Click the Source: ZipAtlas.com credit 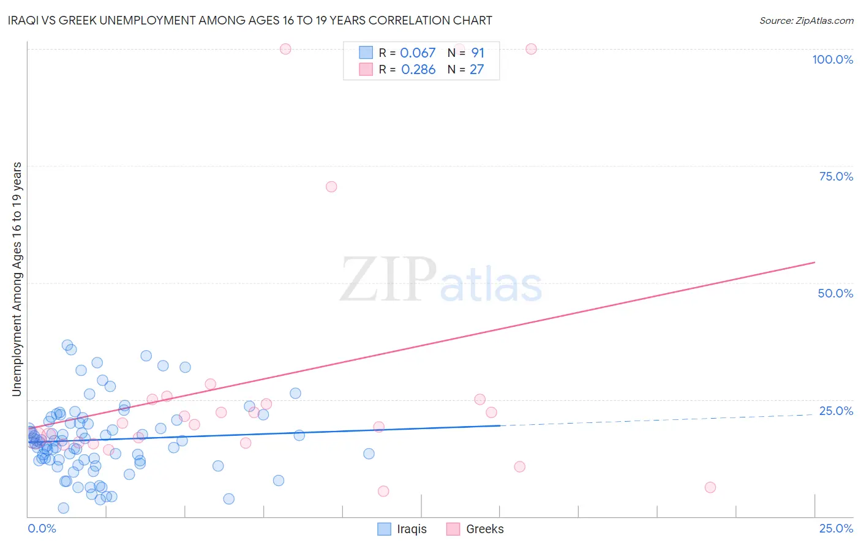(x=806, y=20)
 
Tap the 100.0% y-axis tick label (x=832, y=59)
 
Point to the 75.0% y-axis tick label (x=836, y=176)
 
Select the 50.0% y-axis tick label (x=835, y=293)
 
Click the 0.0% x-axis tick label (x=42, y=528)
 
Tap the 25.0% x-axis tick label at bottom (x=836, y=528)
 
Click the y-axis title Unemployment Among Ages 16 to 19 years (x=17, y=279)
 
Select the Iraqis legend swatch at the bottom (x=384, y=529)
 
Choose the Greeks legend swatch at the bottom (x=453, y=529)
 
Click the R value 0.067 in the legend (x=418, y=53)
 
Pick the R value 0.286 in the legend (x=418, y=70)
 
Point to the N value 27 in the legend (x=476, y=70)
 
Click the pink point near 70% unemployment (x=331, y=187)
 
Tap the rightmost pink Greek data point (x=710, y=487)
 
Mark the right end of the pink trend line (x=814, y=263)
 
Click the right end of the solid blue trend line (x=500, y=425)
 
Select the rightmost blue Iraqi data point (x=369, y=454)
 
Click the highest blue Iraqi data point (x=67, y=345)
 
